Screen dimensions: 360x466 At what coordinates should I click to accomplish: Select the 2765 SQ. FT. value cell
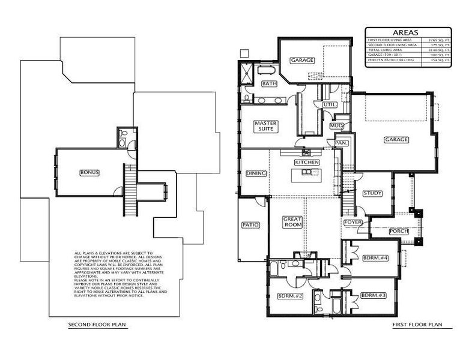[438, 40]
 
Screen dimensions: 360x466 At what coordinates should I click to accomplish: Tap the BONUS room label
[89, 172]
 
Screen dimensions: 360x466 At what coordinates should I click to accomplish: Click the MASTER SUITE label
[265, 126]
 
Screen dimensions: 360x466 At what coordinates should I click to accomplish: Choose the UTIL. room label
[330, 104]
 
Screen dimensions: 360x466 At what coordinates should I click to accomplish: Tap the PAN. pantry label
[341, 143]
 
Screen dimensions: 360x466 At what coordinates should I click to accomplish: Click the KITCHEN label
[306, 162]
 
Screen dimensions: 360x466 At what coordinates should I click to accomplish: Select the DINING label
[256, 173]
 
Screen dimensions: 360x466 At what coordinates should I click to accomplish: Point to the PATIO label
[250, 225]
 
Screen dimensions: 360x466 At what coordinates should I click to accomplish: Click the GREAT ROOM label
[292, 223]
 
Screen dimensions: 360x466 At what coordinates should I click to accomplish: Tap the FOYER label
[353, 222]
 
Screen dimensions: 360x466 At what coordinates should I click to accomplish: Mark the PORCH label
[399, 231]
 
